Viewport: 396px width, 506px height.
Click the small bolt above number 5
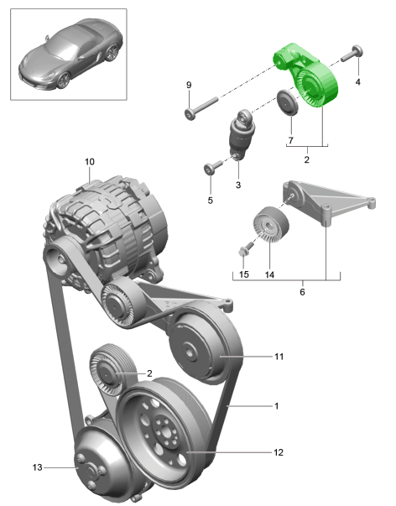[x=210, y=168]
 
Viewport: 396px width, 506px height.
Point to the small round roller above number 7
[x=289, y=106]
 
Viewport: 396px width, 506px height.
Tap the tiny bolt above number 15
[x=245, y=251]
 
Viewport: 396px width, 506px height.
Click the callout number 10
[x=90, y=160]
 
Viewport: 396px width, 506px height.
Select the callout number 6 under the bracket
[x=301, y=293]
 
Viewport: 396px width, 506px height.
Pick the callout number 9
[x=189, y=85]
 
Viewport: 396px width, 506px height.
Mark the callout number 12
[x=277, y=452]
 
